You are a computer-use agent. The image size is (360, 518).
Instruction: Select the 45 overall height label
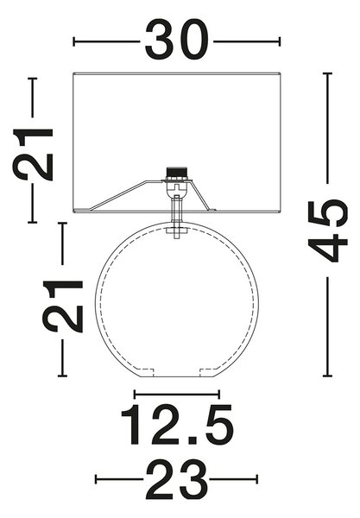pyautogui.click(x=328, y=231)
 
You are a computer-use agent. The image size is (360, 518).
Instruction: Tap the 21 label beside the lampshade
pyautogui.click(x=33, y=155)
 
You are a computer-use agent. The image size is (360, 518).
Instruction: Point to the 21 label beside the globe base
pyautogui.click(x=62, y=306)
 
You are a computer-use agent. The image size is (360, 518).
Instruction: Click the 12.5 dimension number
pyautogui.click(x=177, y=424)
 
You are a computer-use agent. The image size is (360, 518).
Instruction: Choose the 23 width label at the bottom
pyautogui.click(x=177, y=480)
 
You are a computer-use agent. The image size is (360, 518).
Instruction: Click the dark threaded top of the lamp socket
pyautogui.click(x=176, y=173)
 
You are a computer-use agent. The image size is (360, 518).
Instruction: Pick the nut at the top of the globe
pyautogui.click(x=177, y=231)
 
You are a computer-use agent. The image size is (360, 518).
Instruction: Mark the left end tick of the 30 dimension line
pyautogui.click(x=73, y=42)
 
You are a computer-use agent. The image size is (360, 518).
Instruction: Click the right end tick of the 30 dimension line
pyautogui.click(x=280, y=42)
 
